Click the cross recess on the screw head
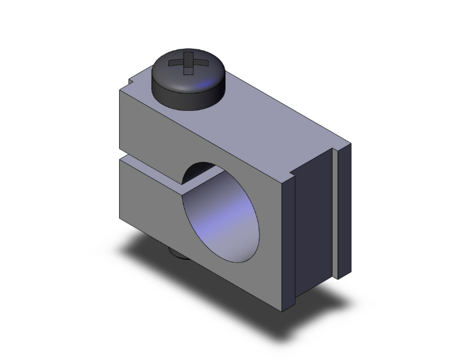(187, 64)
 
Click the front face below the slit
(150, 200)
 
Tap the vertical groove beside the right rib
(334, 213)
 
